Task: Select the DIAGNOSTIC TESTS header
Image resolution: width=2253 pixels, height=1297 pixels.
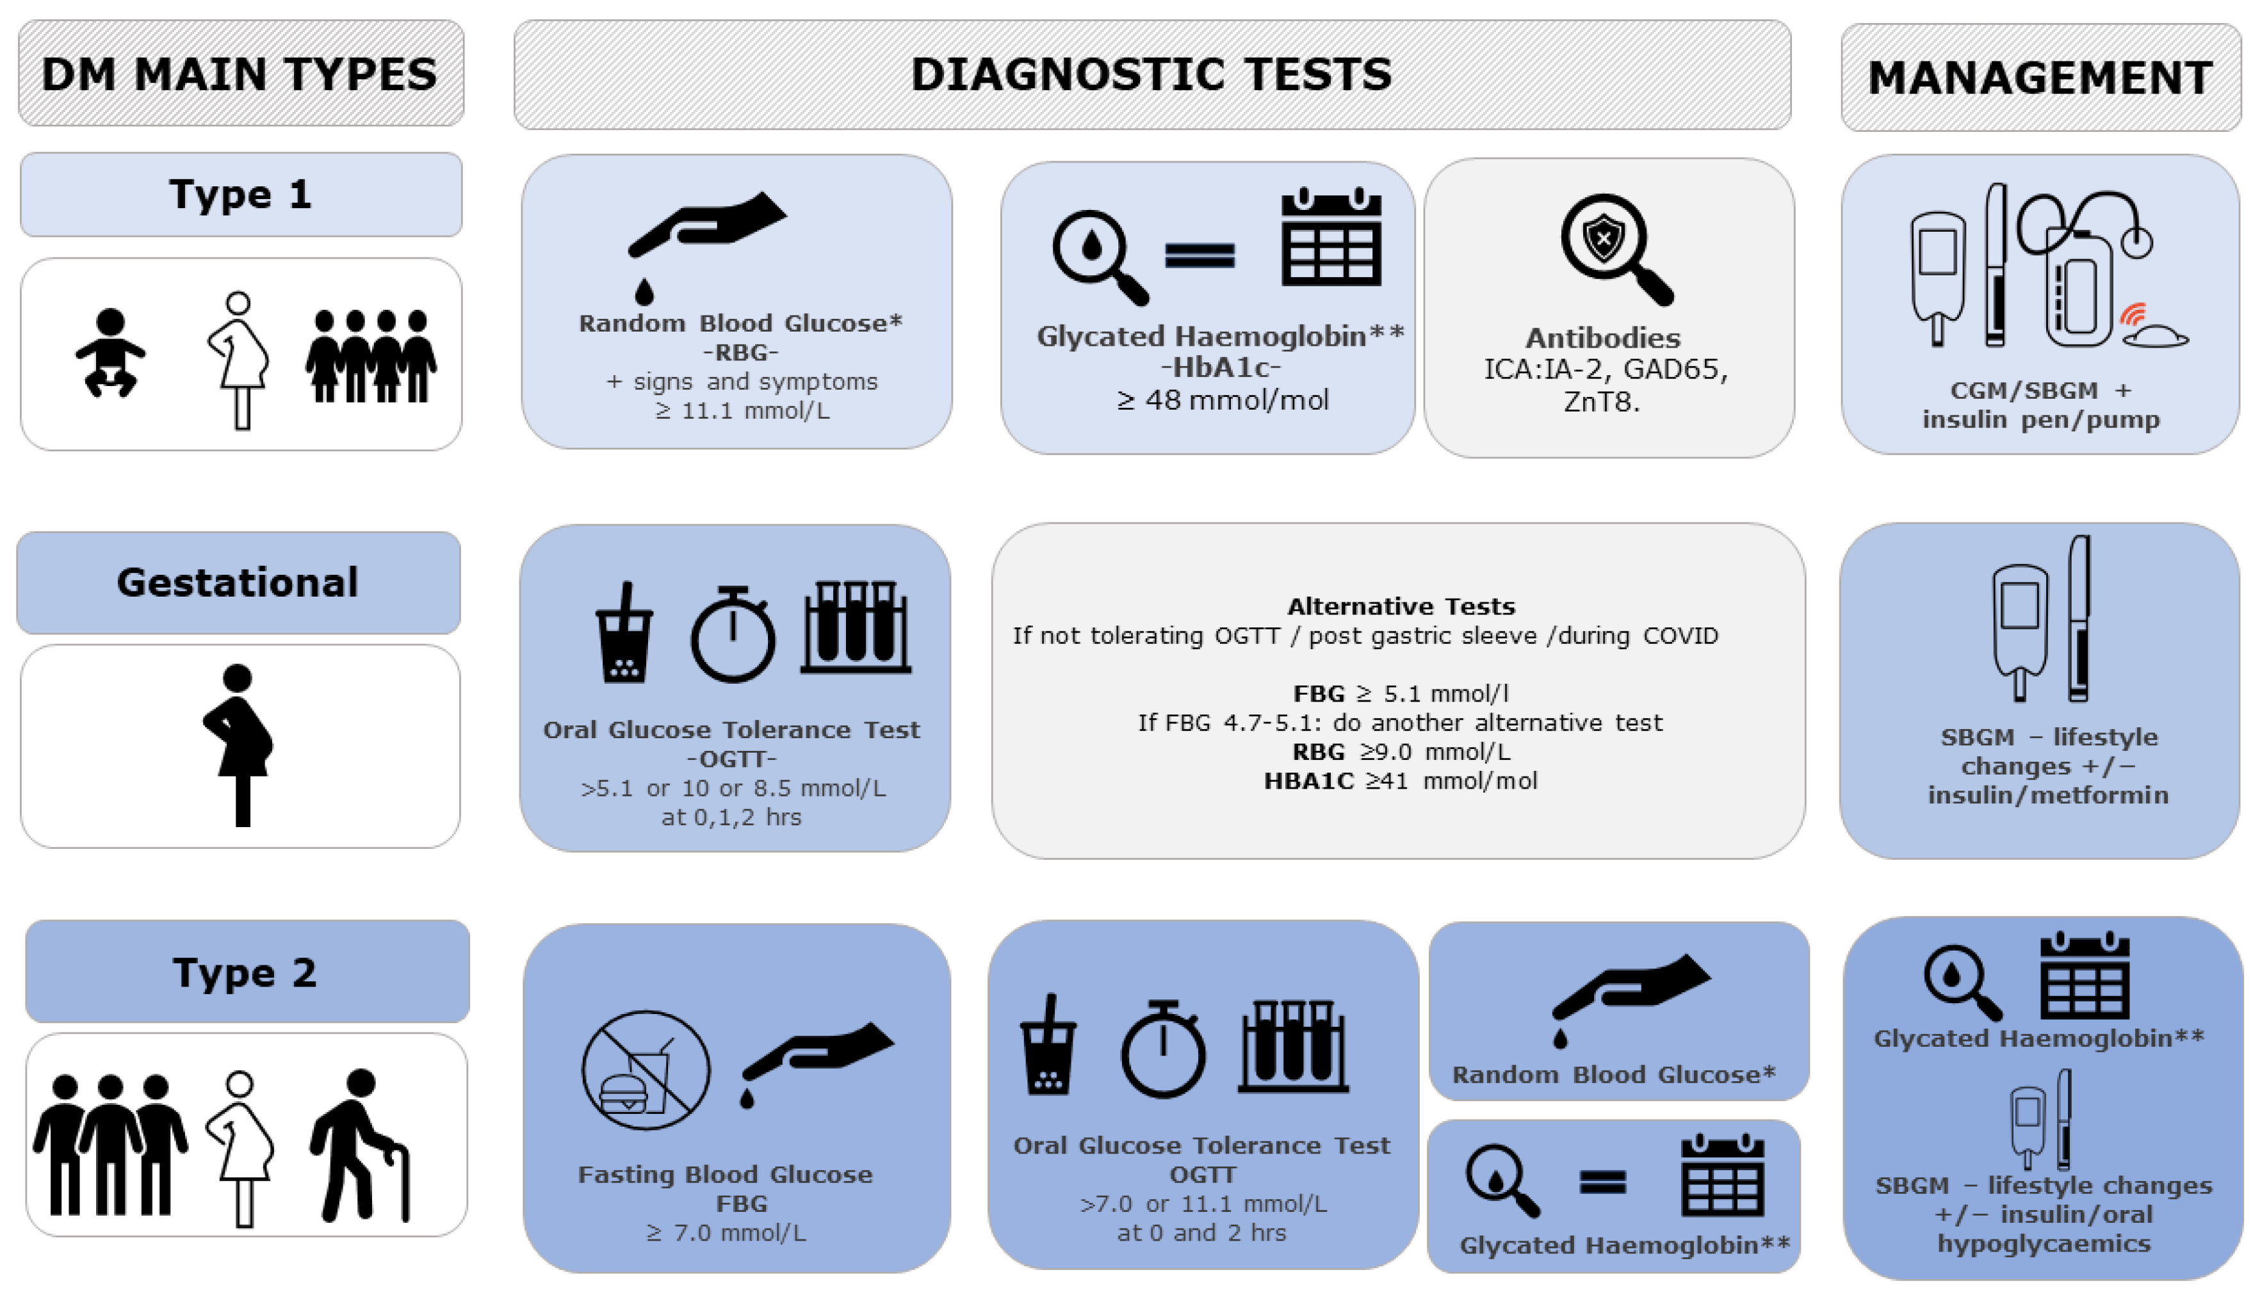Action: (1151, 74)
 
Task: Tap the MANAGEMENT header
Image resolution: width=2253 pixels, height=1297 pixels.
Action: (2040, 78)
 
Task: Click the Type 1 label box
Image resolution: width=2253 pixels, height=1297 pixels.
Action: (241, 194)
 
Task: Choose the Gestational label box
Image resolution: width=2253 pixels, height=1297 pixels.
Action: (238, 583)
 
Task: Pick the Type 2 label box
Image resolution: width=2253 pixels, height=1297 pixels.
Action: (246, 972)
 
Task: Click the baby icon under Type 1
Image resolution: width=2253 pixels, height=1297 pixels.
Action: (110, 353)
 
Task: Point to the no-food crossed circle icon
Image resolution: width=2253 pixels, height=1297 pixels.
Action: (646, 1070)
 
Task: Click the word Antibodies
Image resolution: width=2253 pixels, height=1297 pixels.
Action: (1603, 339)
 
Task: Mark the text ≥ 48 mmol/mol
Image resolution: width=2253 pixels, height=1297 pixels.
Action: (1223, 400)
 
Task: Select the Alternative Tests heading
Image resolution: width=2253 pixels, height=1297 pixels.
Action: (1401, 607)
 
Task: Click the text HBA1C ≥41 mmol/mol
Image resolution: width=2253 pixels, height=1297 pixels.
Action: (1401, 781)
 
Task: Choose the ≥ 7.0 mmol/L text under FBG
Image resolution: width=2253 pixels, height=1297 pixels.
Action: (726, 1233)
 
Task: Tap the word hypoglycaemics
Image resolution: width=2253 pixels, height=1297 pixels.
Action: (2044, 1244)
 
